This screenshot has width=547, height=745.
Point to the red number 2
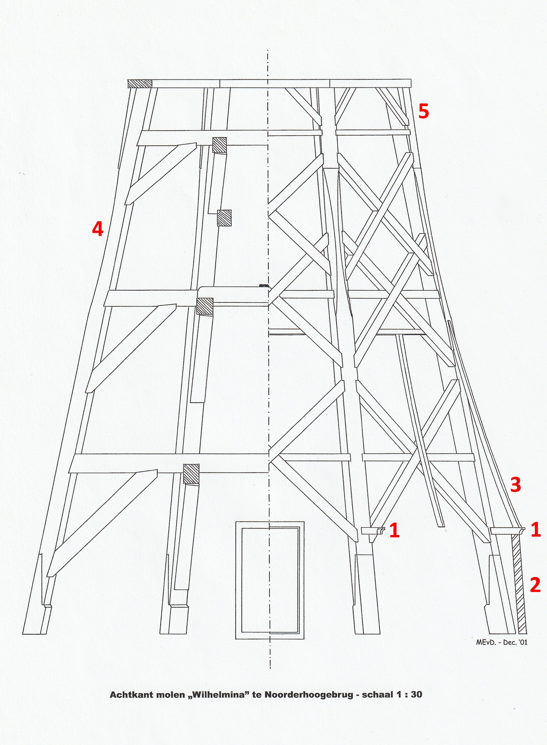(x=535, y=585)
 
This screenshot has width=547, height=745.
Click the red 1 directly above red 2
(x=536, y=530)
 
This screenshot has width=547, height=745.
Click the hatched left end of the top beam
(x=140, y=83)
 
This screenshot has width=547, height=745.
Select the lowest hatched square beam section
(x=191, y=474)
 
